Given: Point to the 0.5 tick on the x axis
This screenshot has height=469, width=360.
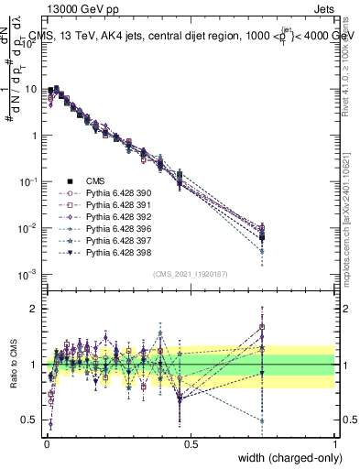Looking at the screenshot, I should click(x=190, y=444).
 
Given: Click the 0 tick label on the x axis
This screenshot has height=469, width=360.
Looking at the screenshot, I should click(x=46, y=444).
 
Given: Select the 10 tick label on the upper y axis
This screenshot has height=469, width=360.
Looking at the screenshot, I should click(x=32, y=90).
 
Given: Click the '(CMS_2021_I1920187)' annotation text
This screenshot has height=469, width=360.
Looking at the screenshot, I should click(x=190, y=274).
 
